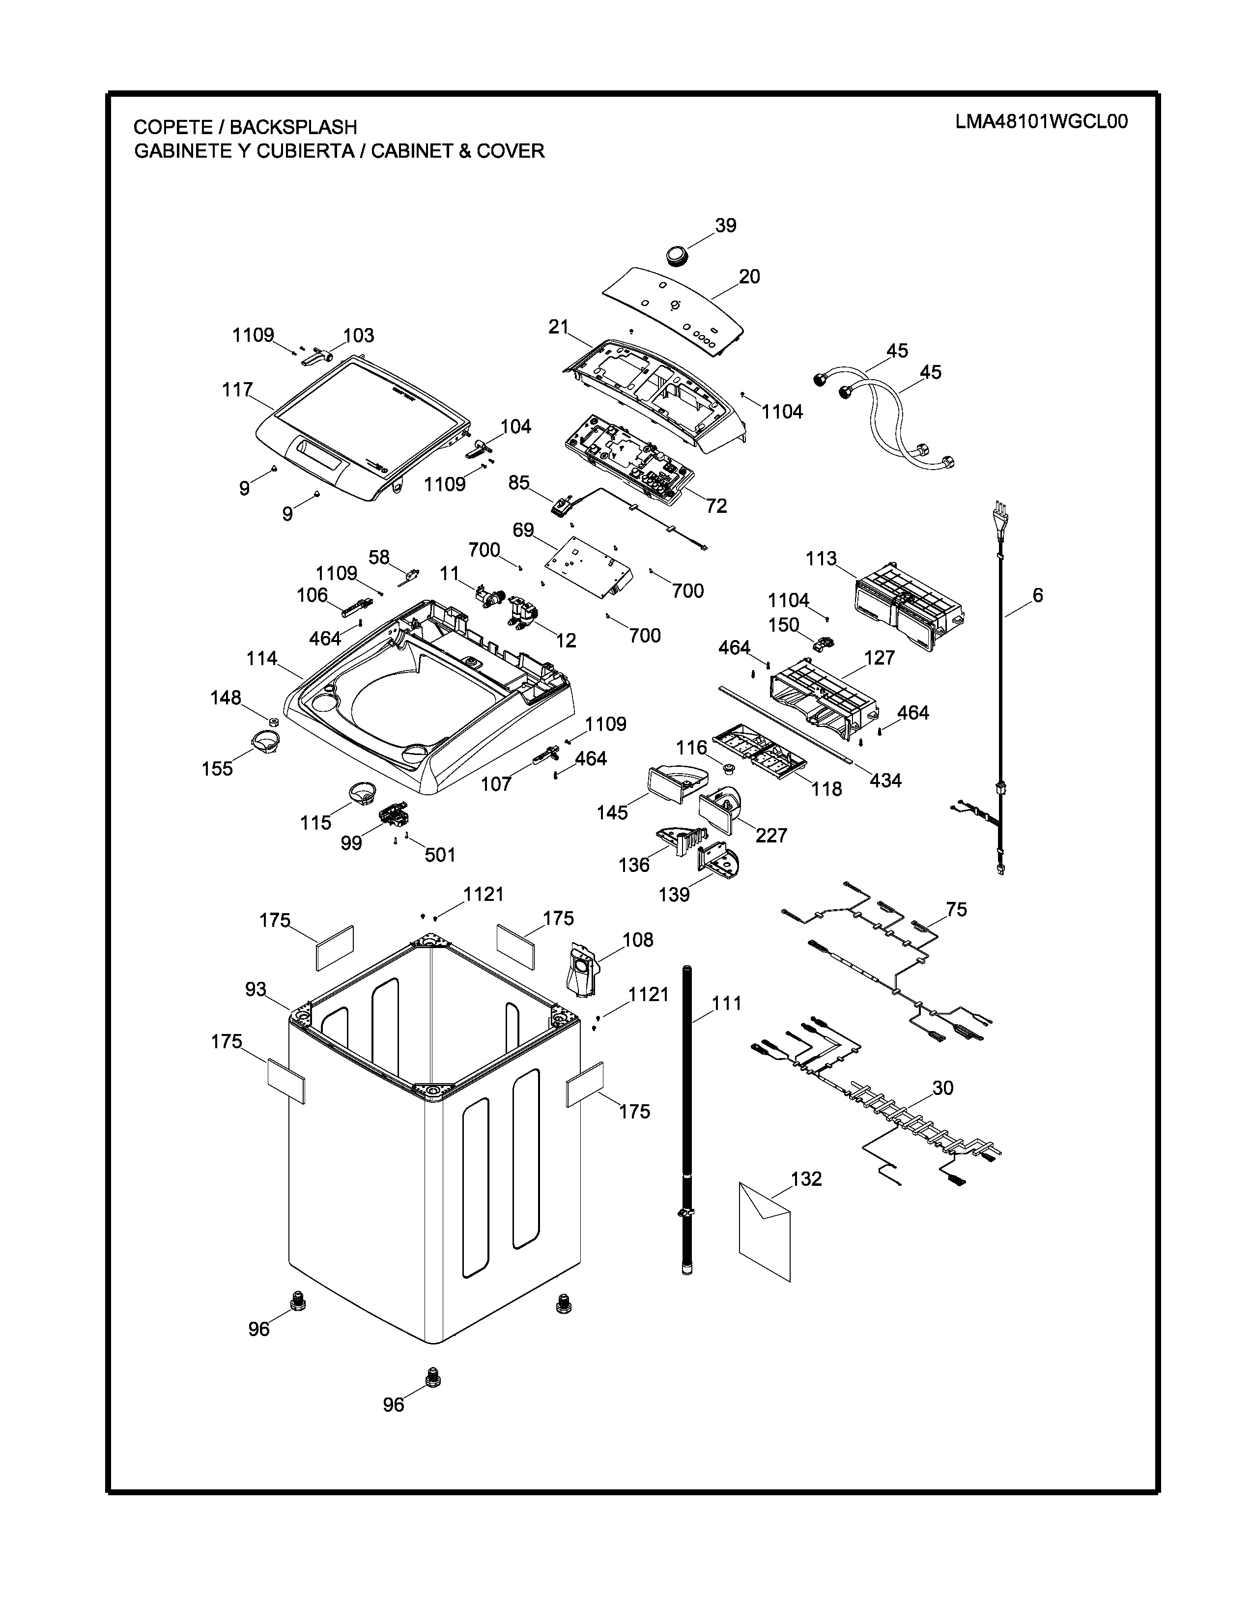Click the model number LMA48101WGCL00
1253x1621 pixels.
coord(1041,122)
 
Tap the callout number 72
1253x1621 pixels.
coord(716,505)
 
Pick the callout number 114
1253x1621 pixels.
coord(262,658)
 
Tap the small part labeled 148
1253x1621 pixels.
coord(272,722)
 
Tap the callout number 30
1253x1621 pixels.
coord(943,1088)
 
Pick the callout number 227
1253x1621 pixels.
coord(771,835)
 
